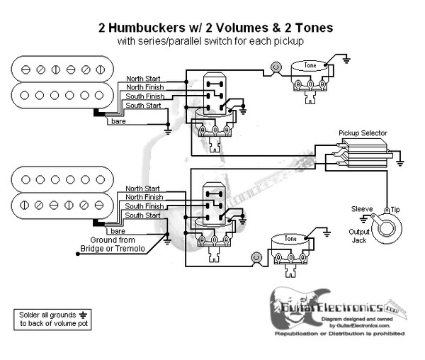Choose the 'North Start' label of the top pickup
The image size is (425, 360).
pyautogui.click(x=144, y=78)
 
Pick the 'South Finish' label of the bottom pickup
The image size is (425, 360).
pyautogui.click(x=144, y=206)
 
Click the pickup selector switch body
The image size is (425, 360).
pyautogui.click(x=363, y=152)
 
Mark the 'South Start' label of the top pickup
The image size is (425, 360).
pyautogui.click(x=143, y=106)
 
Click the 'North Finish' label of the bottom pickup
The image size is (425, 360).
pyautogui.click(x=144, y=196)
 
